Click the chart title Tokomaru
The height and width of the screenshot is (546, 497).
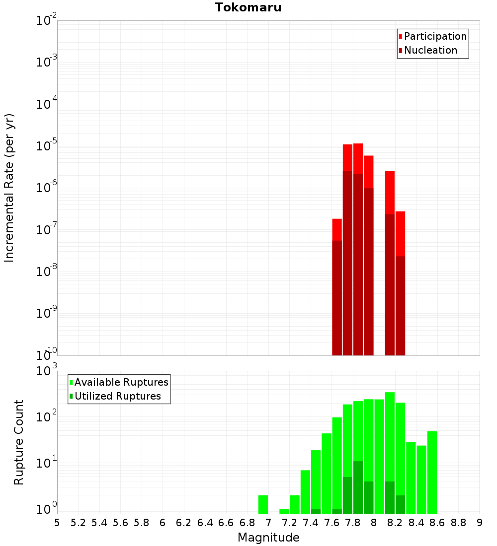click(248, 7)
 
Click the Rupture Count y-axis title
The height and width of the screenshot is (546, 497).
click(19, 442)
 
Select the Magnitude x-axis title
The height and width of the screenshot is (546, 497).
click(268, 538)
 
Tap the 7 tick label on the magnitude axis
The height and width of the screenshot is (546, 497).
click(268, 523)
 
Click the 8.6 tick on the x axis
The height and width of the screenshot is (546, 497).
click(437, 523)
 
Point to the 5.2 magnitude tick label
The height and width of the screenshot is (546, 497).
click(79, 523)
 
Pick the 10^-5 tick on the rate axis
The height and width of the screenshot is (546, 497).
click(47, 146)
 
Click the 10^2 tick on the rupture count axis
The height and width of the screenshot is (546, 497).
click(47, 416)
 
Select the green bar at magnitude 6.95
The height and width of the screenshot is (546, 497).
click(263, 504)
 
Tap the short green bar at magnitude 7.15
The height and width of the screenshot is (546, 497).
click(284, 511)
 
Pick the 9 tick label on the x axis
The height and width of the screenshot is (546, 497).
click(480, 523)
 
